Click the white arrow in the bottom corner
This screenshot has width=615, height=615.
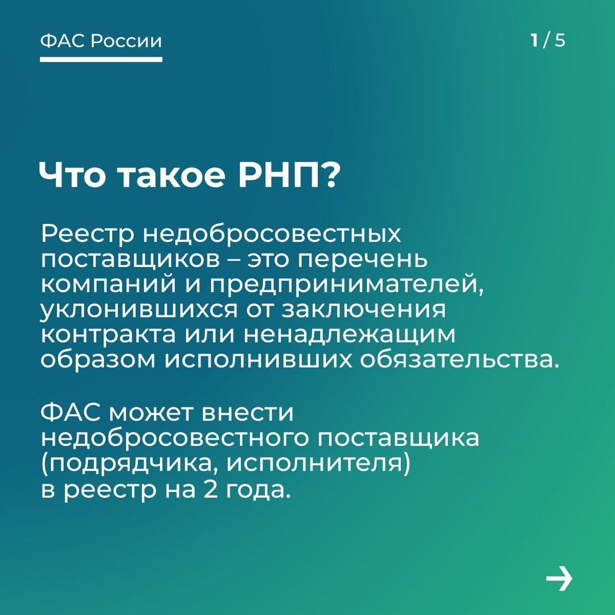click(x=559, y=580)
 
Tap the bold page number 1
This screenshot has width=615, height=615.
click(x=534, y=41)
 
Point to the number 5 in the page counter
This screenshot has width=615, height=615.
click(x=560, y=41)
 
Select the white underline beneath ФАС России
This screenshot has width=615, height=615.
click(x=101, y=59)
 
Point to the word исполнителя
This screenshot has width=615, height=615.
click(x=319, y=464)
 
